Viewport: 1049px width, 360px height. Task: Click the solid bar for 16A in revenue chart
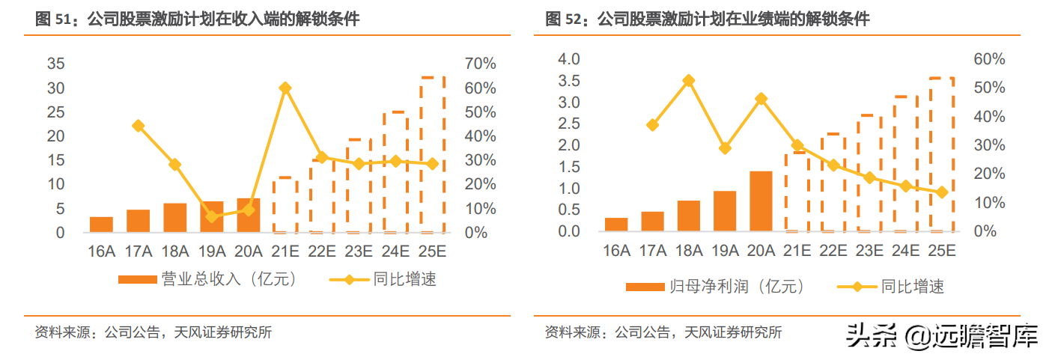click(x=101, y=225)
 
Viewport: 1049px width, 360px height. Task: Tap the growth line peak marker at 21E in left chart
click(x=285, y=88)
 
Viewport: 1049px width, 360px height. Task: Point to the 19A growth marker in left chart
click(x=211, y=216)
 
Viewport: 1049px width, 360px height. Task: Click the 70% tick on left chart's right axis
click(x=480, y=64)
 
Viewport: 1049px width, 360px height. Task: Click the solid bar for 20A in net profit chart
click(x=761, y=201)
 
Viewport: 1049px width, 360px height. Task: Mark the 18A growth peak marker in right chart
click(x=689, y=81)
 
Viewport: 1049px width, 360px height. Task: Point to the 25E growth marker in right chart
click(x=941, y=192)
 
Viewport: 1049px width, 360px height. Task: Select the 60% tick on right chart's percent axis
click(x=988, y=59)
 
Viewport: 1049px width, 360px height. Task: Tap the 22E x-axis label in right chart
click(x=833, y=251)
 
